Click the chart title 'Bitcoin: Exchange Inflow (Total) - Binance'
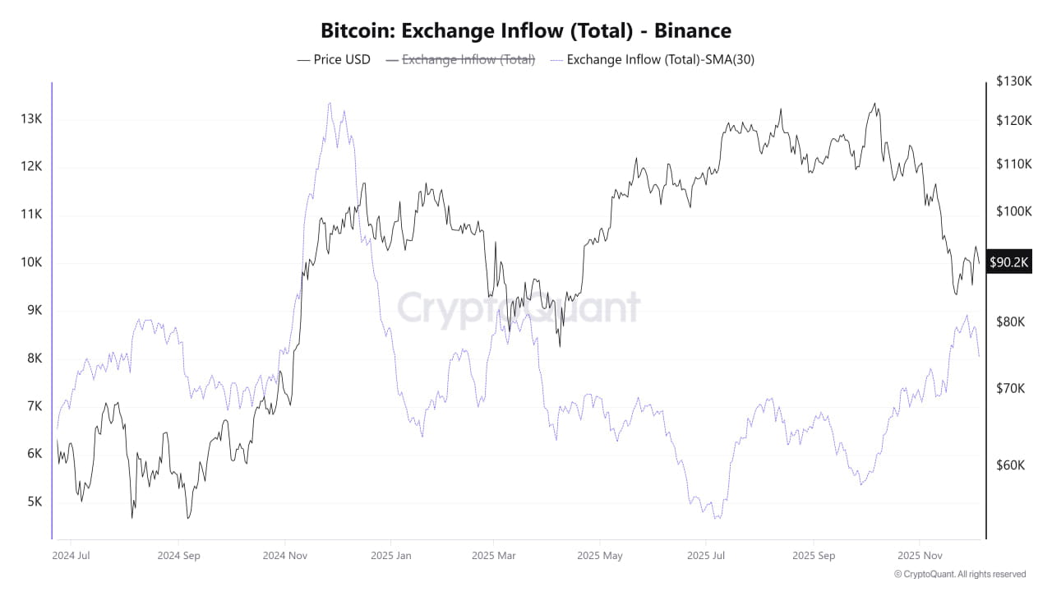(526, 31)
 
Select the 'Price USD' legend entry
(334, 59)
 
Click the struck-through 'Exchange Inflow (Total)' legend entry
(460, 59)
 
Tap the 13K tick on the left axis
(31, 119)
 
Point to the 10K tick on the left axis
(31, 262)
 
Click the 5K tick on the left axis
(31, 502)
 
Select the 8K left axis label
(31, 358)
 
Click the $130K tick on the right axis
(1013, 81)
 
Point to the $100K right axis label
(1013, 211)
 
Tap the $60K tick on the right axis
(1010, 465)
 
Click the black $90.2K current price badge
(1009, 262)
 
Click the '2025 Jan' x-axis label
(390, 556)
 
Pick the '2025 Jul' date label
(707, 556)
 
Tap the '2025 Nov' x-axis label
(920, 556)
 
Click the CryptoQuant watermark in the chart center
(519, 308)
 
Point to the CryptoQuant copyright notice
(959, 575)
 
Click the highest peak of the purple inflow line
(330, 104)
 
